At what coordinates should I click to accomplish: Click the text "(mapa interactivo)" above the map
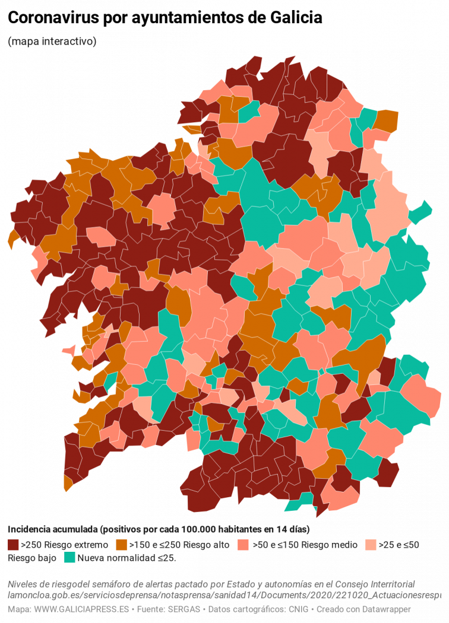pyautogui.click(x=52, y=42)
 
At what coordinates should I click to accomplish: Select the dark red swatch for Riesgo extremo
pyautogui.click(x=14, y=545)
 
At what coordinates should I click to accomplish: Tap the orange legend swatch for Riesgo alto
pyautogui.click(x=122, y=545)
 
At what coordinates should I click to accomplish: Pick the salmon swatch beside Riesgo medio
pyautogui.click(x=243, y=545)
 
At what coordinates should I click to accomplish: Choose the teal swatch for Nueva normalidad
pyautogui.click(x=69, y=558)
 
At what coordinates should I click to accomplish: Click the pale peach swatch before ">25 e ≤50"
pyautogui.click(x=371, y=545)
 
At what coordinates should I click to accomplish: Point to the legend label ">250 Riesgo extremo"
pyautogui.click(x=65, y=545)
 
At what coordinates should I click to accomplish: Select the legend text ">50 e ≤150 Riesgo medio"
pyautogui.click(x=305, y=545)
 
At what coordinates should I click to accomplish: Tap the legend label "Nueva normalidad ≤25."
pyautogui.click(x=127, y=558)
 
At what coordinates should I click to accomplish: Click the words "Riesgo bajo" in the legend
pyautogui.click(x=32, y=558)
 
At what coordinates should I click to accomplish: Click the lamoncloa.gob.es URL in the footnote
pyautogui.click(x=226, y=595)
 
